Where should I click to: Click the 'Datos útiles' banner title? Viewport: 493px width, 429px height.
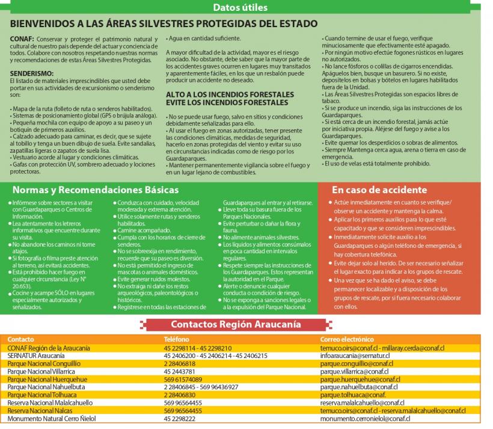[240, 8]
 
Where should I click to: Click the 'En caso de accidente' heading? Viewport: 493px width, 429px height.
[379, 190]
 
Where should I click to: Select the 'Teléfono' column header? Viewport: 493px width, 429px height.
[176, 339]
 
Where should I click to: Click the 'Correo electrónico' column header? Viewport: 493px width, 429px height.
[347, 339]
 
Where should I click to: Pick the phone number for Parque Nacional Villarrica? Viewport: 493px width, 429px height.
[179, 372]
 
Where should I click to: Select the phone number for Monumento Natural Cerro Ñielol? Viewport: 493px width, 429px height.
[179, 418]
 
